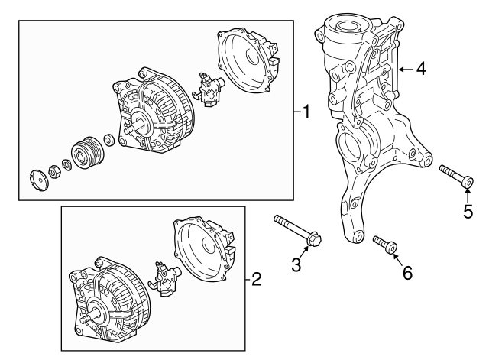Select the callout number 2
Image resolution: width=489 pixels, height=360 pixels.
coord(257,280)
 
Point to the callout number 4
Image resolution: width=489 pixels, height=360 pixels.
coord(421,69)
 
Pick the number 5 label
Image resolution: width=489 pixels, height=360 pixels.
coord(468,211)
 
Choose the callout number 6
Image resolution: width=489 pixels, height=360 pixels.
coord(407,271)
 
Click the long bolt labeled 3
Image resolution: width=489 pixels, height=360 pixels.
coord(297,231)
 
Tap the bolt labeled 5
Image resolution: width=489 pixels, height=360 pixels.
coord(457,175)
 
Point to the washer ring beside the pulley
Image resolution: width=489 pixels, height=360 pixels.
coord(109,139)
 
